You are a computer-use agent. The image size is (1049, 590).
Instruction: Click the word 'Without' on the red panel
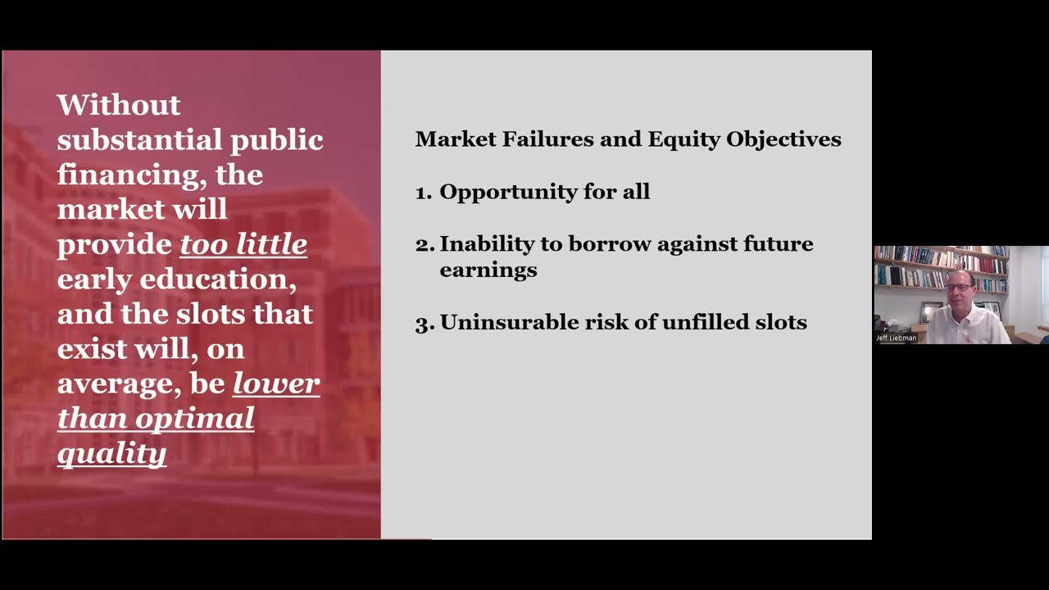[x=119, y=105]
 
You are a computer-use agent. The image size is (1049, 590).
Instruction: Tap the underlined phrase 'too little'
[x=243, y=244]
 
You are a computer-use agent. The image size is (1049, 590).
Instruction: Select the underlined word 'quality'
[x=111, y=453]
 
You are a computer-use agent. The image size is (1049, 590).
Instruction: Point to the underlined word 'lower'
[x=276, y=383]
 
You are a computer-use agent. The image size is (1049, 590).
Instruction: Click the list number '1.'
[x=423, y=193]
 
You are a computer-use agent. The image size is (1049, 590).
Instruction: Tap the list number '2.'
[x=424, y=244]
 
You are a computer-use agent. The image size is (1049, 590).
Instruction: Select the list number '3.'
[x=424, y=323]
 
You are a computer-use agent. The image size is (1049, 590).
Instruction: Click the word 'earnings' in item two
[x=488, y=270]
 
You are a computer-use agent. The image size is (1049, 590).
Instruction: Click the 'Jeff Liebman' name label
[x=896, y=338]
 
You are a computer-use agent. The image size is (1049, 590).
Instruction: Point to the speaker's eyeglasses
[x=958, y=288]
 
